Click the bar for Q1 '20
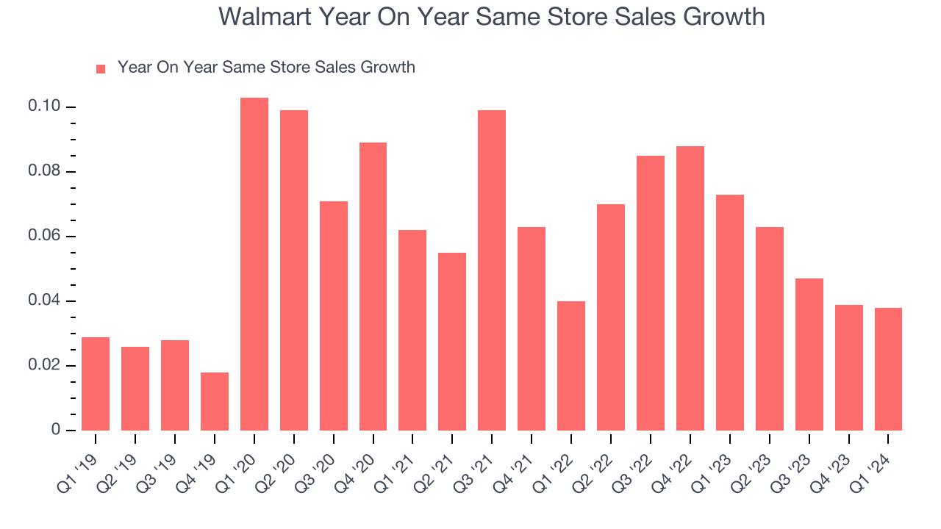254,264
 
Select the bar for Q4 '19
215,401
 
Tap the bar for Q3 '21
492,270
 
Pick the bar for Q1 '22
571,366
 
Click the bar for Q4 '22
690,288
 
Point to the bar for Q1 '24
888,369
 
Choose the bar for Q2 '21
452,342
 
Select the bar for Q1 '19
96,384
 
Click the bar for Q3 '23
809,354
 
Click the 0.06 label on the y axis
43,237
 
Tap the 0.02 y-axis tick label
43,366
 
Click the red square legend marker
101,68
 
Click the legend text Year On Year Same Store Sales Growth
266,68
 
